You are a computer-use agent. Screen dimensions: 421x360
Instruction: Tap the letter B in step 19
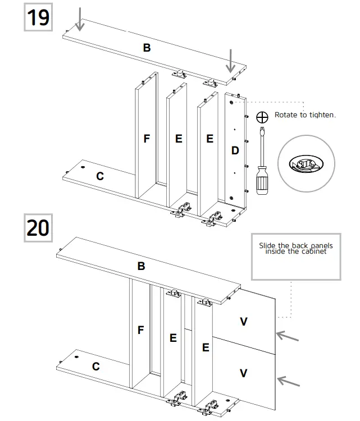coord(147,48)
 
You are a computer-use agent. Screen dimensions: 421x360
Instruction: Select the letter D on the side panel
coord(235,150)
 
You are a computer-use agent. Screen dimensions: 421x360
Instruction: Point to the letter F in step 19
coord(147,138)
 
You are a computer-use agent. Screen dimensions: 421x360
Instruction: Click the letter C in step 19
coord(100,176)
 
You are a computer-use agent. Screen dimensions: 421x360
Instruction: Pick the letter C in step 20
coord(96,367)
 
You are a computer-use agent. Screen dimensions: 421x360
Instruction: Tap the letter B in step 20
coord(141,266)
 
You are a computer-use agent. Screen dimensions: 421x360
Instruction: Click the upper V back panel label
coord(243,322)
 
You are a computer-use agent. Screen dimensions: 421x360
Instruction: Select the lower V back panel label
coord(243,373)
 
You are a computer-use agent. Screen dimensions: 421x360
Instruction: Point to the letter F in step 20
coord(141,331)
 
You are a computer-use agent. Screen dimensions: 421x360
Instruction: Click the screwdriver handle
coord(261,181)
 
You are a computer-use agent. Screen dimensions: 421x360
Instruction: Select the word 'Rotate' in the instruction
coord(287,115)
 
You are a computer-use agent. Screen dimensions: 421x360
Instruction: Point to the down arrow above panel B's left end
coord(81,19)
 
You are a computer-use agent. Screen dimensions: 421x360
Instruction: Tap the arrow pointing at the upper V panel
coord(288,336)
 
